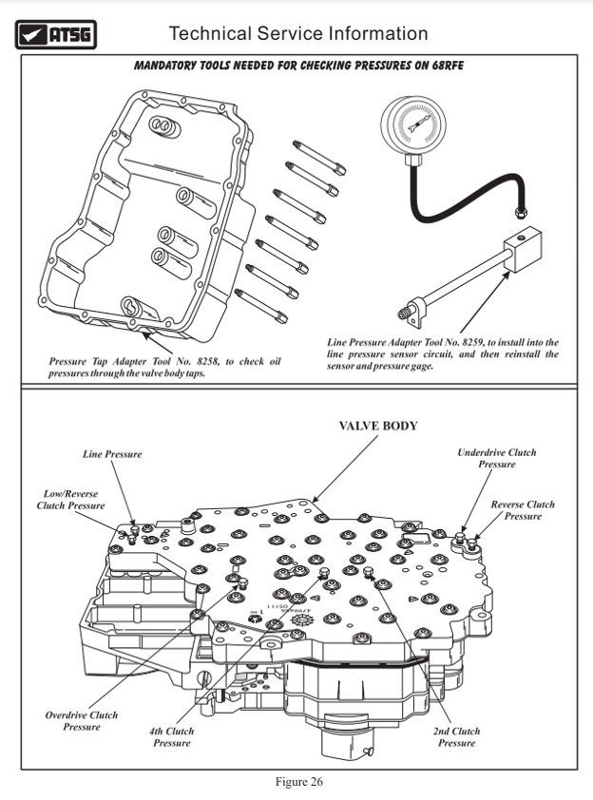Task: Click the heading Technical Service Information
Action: coord(297,33)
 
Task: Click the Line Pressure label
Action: coord(112,454)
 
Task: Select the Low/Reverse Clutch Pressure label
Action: coord(73,500)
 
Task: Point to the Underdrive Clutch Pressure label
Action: coord(496,459)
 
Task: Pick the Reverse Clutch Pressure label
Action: coord(522,510)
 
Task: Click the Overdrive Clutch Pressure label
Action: coord(81,720)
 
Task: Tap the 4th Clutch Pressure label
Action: coord(172,736)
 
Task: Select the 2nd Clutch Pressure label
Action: coord(456,736)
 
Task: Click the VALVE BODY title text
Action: coord(378,427)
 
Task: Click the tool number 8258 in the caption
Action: coord(210,361)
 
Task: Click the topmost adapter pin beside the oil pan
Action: coord(319,157)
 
